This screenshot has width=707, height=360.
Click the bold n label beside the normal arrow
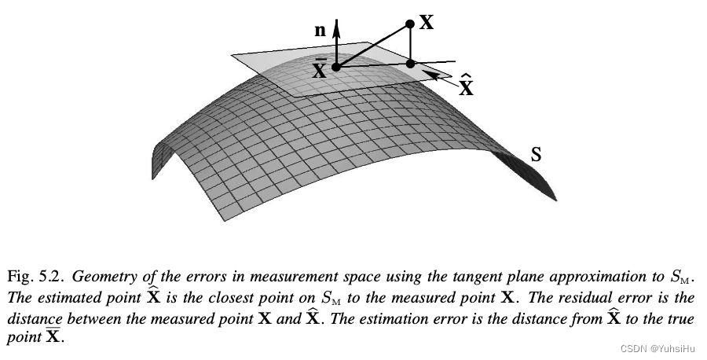point(320,31)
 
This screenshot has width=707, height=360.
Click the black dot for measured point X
point(410,24)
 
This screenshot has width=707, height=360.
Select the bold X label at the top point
point(427,22)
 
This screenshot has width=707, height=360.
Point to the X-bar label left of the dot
point(320,68)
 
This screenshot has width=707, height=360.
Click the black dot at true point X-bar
point(336,68)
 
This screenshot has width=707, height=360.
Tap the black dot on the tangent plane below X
point(410,64)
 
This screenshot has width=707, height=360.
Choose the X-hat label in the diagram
point(466,84)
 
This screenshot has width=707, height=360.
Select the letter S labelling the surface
point(536,154)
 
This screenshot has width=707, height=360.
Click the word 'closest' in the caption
point(280,298)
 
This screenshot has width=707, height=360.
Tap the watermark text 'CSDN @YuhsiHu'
point(658,349)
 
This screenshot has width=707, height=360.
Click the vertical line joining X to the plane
point(410,44)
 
